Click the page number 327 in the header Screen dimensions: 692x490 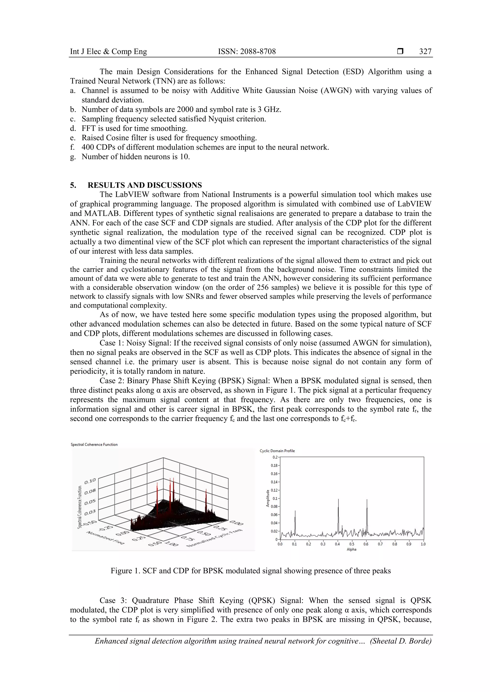(425, 52)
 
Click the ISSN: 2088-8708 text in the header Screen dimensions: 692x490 (247, 52)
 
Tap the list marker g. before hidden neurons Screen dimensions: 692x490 (73, 157)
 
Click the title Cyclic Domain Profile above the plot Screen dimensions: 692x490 (277, 451)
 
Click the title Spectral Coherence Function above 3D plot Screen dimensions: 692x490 (94, 444)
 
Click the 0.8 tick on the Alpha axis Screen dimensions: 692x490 (394, 544)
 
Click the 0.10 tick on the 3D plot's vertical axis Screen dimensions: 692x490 (90, 481)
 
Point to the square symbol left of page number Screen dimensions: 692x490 (400, 52)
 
